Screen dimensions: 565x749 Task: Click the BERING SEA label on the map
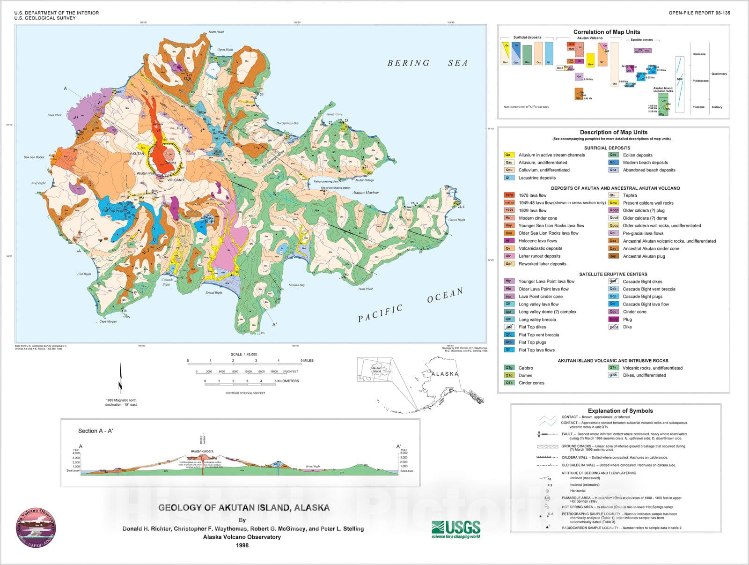click(x=427, y=63)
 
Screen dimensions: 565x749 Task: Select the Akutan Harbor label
click(x=365, y=193)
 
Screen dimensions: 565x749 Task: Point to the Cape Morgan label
click(x=108, y=322)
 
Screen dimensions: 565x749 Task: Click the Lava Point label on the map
click(x=54, y=115)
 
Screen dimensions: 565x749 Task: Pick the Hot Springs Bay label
click(x=287, y=123)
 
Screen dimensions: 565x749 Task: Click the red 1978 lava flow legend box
click(x=509, y=195)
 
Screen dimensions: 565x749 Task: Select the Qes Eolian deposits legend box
click(x=613, y=155)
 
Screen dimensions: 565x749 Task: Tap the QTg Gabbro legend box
click(x=509, y=368)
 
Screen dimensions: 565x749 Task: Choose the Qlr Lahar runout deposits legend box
click(x=509, y=256)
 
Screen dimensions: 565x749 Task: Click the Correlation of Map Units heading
click(x=606, y=32)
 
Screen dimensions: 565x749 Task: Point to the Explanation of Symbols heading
click(x=620, y=411)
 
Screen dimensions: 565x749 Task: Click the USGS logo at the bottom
click(x=455, y=529)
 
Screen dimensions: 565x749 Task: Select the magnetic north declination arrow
click(x=120, y=378)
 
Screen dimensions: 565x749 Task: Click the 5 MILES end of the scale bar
click(x=301, y=361)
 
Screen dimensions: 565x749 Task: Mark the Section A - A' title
click(x=95, y=431)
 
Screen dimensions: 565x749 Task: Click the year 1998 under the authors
click(x=242, y=545)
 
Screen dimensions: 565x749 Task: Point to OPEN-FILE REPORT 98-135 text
click(x=699, y=13)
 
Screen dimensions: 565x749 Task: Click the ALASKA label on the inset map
click(x=445, y=374)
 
